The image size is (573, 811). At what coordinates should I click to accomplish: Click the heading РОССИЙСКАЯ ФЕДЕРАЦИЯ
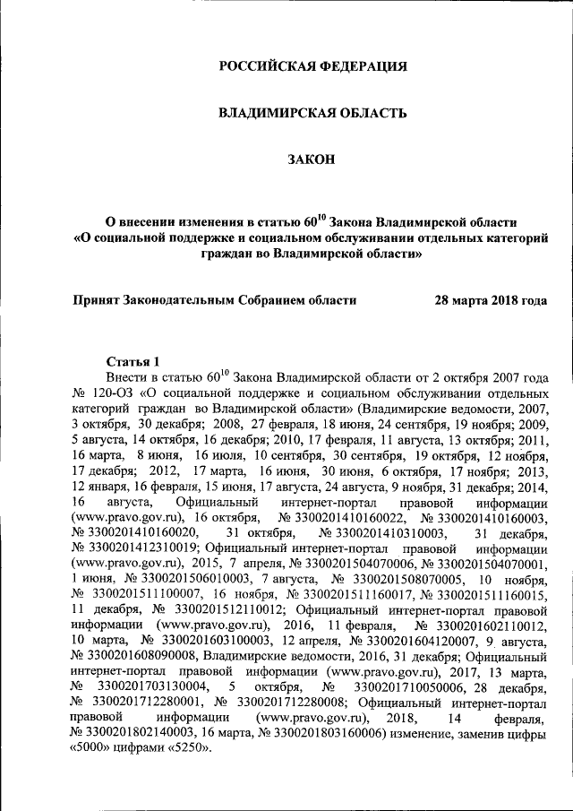314,66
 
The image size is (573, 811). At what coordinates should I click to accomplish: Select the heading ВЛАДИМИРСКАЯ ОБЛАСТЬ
314,113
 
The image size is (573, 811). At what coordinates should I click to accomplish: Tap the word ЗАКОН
314,160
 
